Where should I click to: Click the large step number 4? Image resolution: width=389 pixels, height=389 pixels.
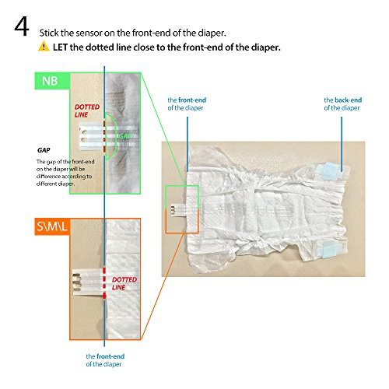(22, 26)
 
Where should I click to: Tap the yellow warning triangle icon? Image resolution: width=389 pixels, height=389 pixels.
(44, 46)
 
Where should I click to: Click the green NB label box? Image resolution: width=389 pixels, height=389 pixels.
(52, 81)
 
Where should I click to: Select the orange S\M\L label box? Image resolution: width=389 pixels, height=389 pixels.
(52, 226)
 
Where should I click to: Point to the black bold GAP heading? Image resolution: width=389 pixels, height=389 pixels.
(44, 150)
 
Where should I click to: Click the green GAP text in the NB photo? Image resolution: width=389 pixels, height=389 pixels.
(125, 136)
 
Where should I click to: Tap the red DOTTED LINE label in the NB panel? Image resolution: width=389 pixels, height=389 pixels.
(87, 110)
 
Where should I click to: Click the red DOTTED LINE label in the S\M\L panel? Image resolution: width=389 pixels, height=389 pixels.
(124, 283)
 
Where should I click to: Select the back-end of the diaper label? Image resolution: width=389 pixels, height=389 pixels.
(342, 104)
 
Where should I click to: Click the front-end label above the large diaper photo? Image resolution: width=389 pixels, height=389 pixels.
(187, 104)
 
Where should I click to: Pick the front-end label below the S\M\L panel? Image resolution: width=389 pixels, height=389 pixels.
(105, 360)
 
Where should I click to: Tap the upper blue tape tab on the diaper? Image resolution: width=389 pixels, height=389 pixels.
(328, 170)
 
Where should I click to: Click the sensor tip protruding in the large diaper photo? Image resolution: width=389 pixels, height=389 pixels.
(177, 209)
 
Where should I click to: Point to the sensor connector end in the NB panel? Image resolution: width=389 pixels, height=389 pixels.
(91, 137)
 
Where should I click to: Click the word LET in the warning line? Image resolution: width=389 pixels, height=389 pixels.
(60, 47)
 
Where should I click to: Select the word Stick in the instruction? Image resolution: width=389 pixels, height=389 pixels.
(49, 33)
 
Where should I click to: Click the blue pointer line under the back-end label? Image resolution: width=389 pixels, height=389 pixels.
(342, 144)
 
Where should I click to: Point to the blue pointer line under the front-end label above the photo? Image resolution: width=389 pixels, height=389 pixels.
(187, 144)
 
